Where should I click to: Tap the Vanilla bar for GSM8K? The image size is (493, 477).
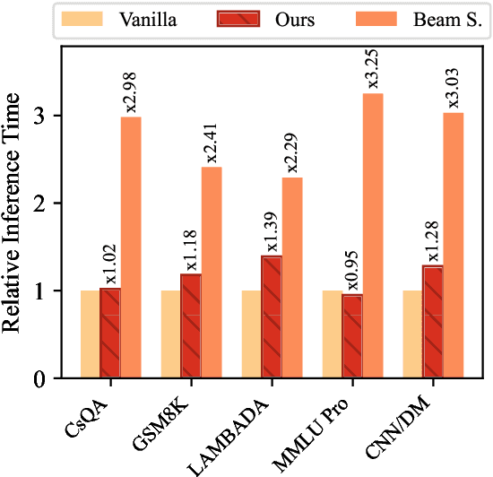click(x=170, y=334)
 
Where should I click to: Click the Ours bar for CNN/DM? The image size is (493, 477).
click(x=433, y=322)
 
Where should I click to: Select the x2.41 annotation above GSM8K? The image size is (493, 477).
click(x=212, y=146)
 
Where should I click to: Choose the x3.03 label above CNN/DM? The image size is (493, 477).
click(x=454, y=92)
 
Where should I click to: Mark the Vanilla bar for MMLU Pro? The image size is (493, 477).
click(x=332, y=334)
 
